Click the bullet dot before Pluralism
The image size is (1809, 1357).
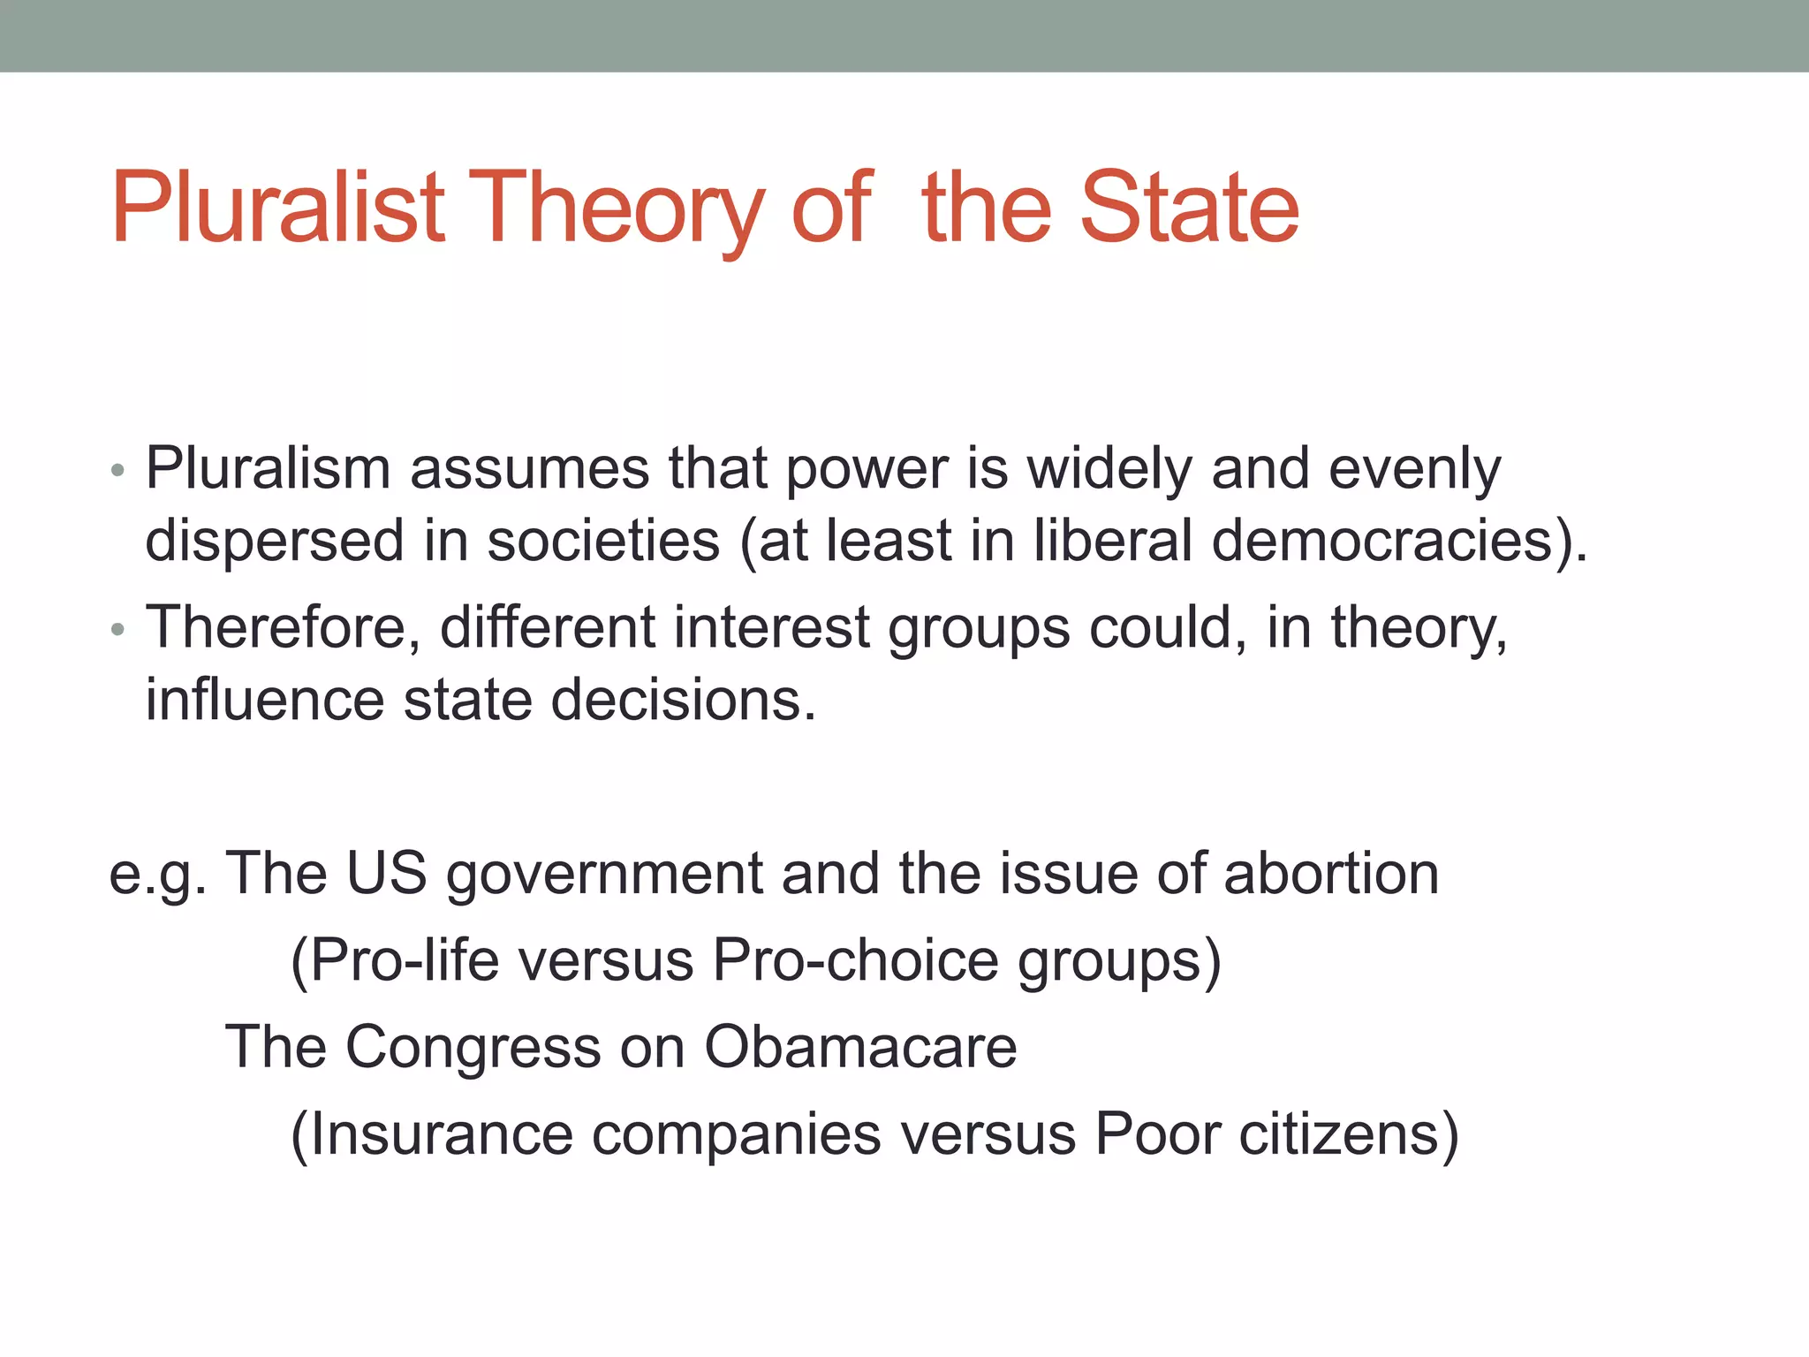tap(118, 471)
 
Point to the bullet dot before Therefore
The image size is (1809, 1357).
tap(118, 630)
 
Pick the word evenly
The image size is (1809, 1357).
tap(1414, 471)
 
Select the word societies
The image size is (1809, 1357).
tap(603, 540)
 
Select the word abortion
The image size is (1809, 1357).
tap(1331, 872)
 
